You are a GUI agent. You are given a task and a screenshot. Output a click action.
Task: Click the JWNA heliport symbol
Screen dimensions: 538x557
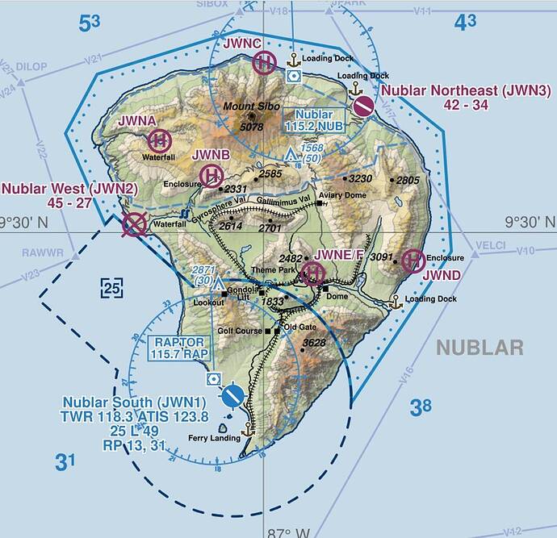click(x=159, y=140)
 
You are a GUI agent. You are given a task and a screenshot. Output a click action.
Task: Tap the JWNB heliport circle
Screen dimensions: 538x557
click(x=211, y=174)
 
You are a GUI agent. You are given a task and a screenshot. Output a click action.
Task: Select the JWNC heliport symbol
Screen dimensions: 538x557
click(x=264, y=62)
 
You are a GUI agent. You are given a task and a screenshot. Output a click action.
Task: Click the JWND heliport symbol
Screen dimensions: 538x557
click(x=413, y=260)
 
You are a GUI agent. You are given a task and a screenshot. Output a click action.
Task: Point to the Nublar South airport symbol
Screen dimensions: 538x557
click(x=233, y=394)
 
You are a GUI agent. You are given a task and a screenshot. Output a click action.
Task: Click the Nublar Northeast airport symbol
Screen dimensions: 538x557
click(x=363, y=106)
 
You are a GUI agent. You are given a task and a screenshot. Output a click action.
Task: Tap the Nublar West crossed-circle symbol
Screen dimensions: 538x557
click(x=133, y=224)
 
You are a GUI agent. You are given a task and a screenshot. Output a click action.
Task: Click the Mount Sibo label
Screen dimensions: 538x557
click(x=249, y=106)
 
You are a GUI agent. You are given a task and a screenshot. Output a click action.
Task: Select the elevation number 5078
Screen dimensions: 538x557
click(x=252, y=127)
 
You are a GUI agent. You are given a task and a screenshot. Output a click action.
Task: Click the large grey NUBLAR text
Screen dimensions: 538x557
click(x=480, y=348)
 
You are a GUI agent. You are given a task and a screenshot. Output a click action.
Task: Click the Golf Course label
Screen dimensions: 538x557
click(x=244, y=331)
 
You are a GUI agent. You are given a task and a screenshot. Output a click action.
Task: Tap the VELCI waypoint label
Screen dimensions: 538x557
click(x=490, y=245)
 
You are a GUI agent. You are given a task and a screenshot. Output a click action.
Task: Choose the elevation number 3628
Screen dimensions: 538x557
click(x=313, y=344)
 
